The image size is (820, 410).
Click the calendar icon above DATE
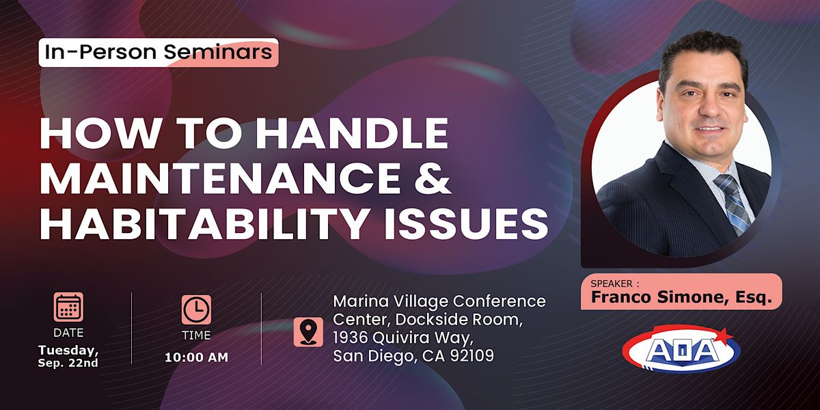point(68,307)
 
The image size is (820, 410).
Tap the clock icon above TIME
point(196,310)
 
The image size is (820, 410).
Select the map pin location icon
point(308,332)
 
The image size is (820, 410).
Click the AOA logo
point(681,350)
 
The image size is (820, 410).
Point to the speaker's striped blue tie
point(733,203)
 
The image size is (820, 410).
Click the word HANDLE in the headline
point(352,134)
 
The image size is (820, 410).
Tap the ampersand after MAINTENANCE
point(432,178)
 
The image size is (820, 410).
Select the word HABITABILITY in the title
point(204,223)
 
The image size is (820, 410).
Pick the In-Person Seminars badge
point(159,53)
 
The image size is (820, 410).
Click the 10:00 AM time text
point(196,357)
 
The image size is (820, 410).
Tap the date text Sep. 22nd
point(68,363)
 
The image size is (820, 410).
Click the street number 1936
point(351,338)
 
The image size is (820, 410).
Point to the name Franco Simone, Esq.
point(682,297)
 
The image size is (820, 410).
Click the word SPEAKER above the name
point(612,284)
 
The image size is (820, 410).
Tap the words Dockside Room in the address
point(459,320)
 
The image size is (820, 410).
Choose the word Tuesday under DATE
point(68,351)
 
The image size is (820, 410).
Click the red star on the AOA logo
point(724,335)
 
